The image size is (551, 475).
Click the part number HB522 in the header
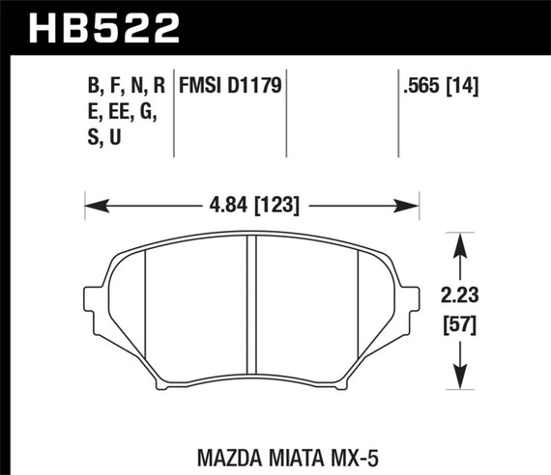[x=106, y=26]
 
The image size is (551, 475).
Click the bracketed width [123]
[x=275, y=205]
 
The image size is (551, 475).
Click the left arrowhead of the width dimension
[x=92, y=205]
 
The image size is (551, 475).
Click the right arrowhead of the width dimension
[x=413, y=205]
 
